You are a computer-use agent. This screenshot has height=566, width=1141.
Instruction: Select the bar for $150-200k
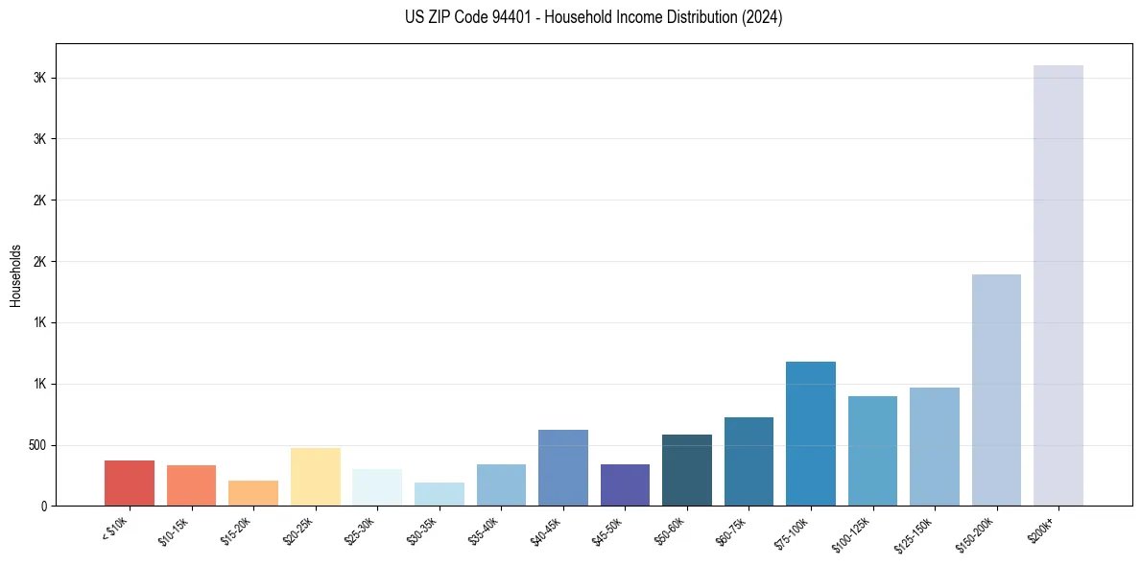point(996,390)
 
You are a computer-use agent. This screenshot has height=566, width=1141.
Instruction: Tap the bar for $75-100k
point(810,434)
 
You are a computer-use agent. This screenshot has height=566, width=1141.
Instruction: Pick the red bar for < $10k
point(130,483)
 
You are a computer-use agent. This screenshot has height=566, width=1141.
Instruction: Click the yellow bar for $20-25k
point(315,477)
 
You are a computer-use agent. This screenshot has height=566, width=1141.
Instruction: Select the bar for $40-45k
point(562,468)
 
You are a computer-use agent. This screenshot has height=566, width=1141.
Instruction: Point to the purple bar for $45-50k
point(625,485)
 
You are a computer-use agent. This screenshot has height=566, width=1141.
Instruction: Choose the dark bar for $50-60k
point(687,470)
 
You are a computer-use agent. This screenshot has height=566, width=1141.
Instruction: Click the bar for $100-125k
point(872,451)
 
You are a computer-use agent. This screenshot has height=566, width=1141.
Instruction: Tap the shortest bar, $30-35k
point(439,494)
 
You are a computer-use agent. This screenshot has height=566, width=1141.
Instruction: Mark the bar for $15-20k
point(253,493)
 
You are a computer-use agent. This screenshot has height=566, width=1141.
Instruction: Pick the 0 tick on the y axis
point(44,507)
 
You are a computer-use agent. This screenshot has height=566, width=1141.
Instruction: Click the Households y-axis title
point(16,275)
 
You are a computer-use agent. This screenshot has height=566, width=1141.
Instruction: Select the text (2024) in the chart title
point(760,17)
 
